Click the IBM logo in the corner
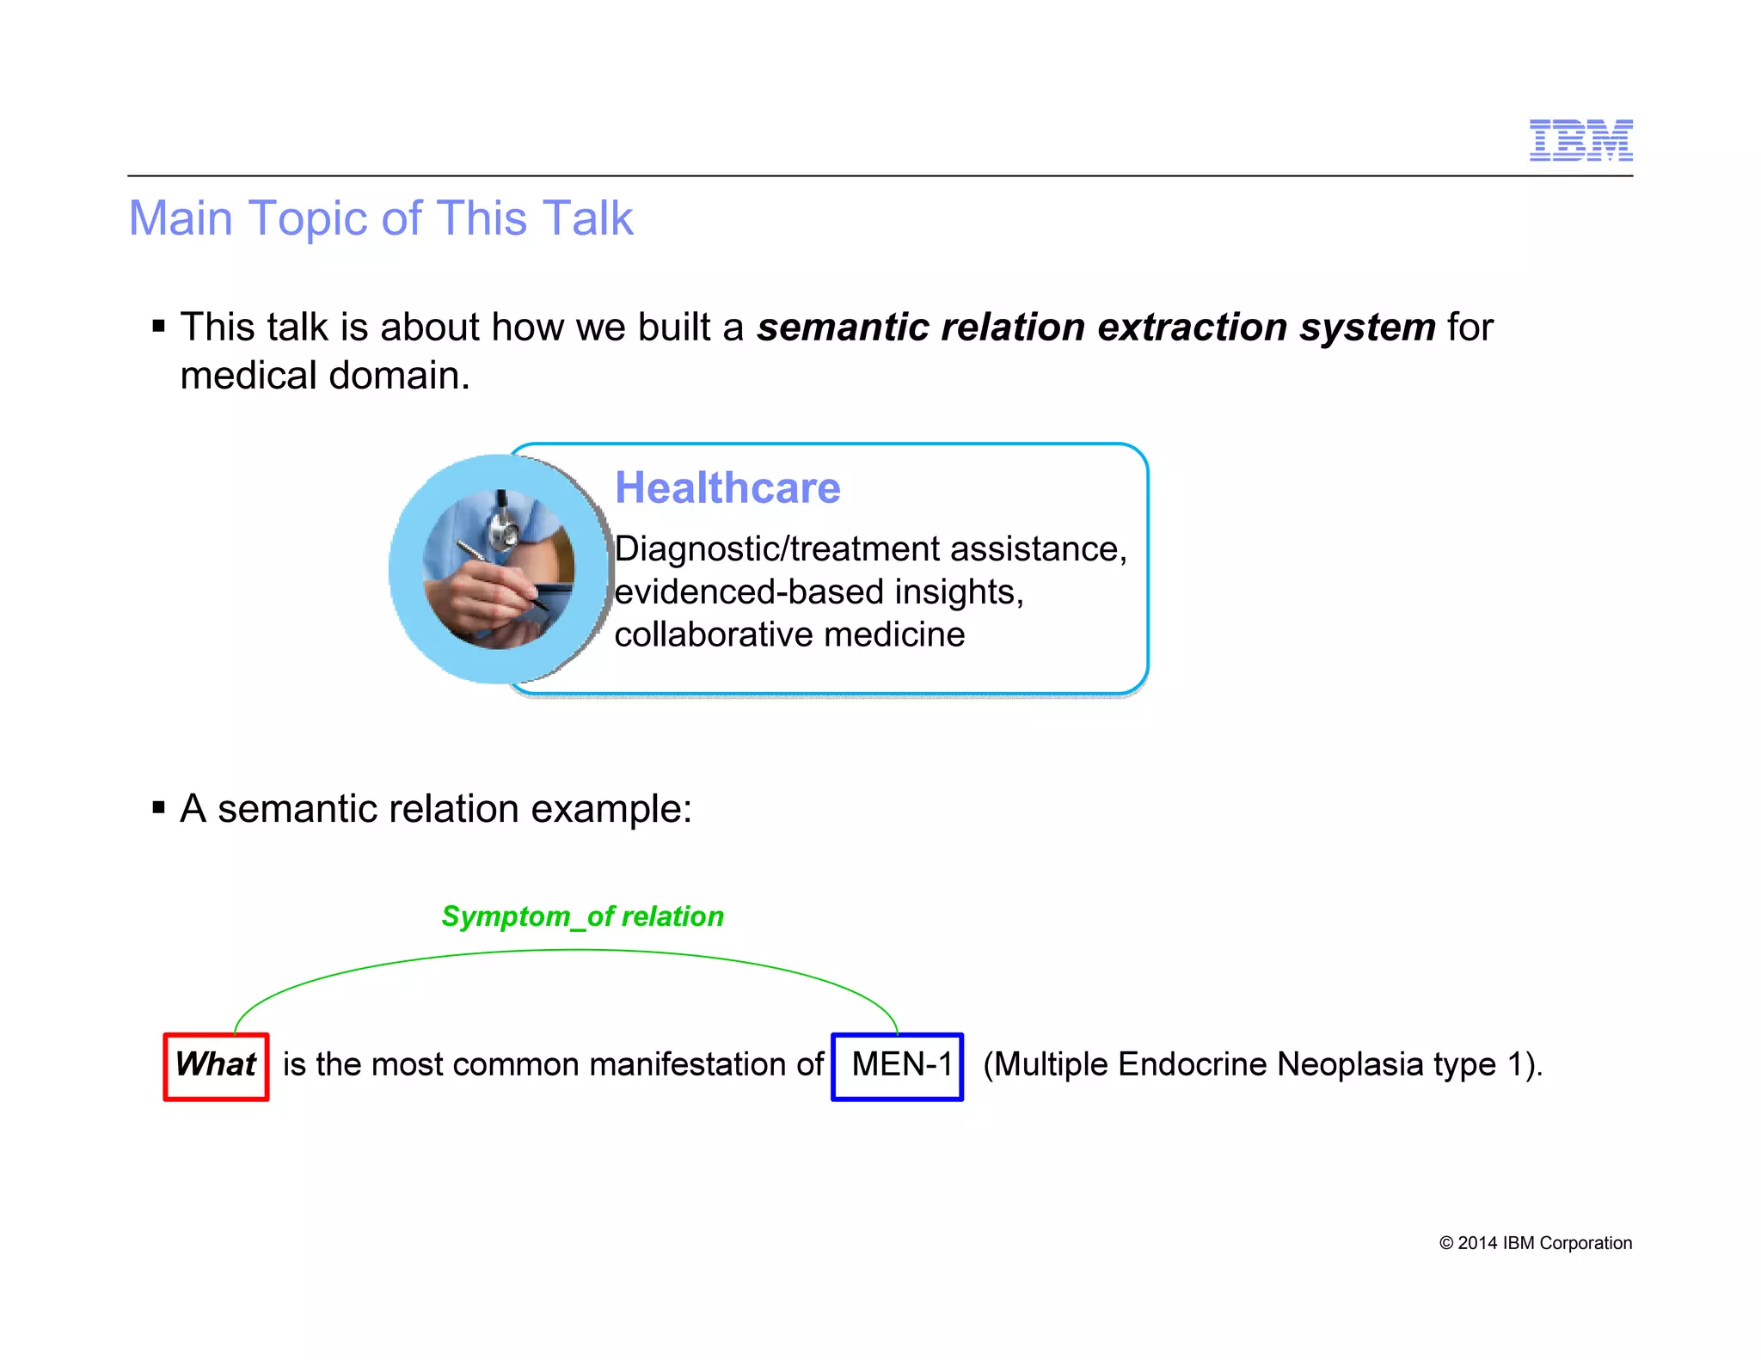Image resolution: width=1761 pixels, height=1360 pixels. coord(1580,140)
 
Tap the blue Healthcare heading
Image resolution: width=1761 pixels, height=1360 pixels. coord(727,488)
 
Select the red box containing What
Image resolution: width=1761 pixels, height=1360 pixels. coord(216,1066)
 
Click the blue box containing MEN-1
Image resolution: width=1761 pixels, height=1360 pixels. coord(897,1066)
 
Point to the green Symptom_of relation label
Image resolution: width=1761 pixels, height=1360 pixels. coord(582,916)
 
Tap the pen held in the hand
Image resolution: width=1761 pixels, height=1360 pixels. coord(499,572)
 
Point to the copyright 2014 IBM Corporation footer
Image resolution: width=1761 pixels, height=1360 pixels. coord(1535,1243)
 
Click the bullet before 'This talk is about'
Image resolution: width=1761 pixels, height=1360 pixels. coord(158,327)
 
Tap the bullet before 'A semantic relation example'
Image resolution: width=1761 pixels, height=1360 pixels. coord(158,808)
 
